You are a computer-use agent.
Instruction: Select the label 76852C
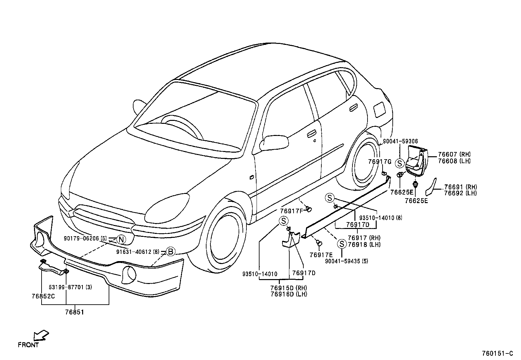[x=43, y=296]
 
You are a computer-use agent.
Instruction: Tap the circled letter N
[x=121, y=239]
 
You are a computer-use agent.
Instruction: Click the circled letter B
[x=171, y=252]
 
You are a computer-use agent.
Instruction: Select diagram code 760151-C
[x=497, y=353]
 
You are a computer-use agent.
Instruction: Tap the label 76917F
[x=291, y=211]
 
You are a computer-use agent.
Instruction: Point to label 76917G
[x=380, y=161]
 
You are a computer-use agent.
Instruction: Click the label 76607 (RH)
[x=454, y=155]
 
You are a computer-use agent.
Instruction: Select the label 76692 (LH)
[x=460, y=193]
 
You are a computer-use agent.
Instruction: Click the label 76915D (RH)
[x=288, y=288]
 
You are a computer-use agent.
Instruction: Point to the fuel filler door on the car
[x=379, y=109]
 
